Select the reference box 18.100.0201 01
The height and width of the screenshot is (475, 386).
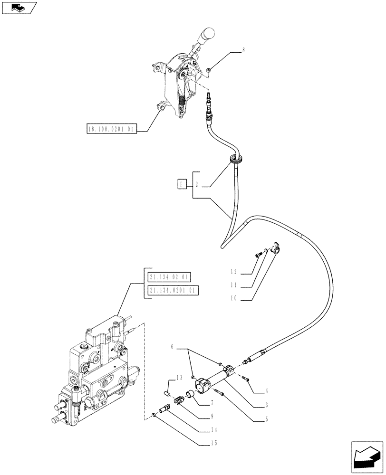click(112, 129)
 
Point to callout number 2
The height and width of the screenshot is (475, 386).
click(196, 184)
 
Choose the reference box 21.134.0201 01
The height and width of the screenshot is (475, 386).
click(173, 290)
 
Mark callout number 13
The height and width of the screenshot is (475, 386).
click(180, 378)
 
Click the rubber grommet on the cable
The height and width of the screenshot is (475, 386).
click(236, 159)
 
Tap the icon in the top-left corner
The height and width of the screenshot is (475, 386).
click(19, 8)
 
